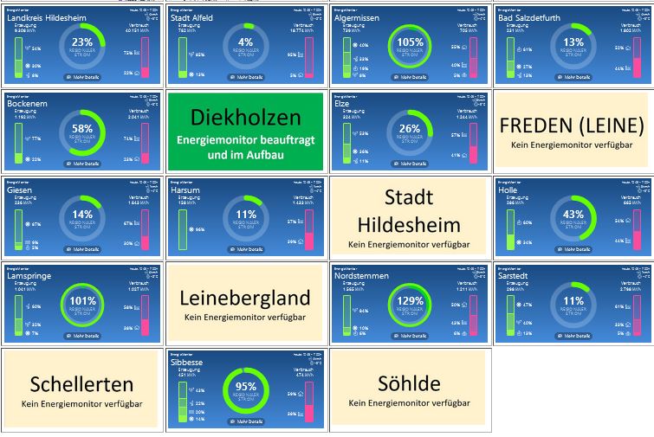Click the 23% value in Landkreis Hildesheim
click(x=82, y=42)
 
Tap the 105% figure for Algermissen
click(x=410, y=42)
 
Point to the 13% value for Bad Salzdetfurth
click(x=573, y=42)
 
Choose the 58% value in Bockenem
click(x=82, y=127)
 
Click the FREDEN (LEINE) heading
click(x=573, y=125)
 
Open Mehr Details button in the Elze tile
click(x=410, y=163)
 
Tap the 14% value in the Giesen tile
click(x=82, y=214)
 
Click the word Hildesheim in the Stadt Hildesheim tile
click(x=410, y=225)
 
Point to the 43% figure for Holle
click(x=573, y=214)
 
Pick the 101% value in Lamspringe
click(x=82, y=300)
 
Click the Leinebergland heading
click(x=246, y=299)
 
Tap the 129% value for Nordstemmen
click(x=410, y=300)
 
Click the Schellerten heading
click(x=82, y=384)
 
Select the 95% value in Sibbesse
click(x=246, y=386)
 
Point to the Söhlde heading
click(x=410, y=382)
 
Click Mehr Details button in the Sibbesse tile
click(x=246, y=421)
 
